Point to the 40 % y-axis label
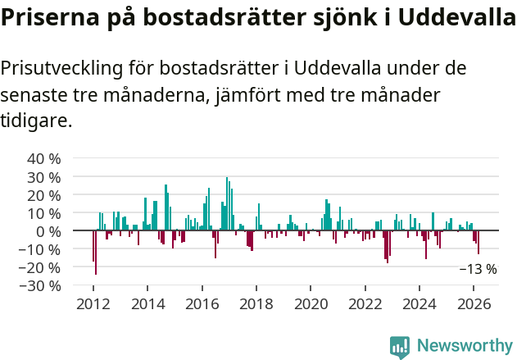tap(44, 159)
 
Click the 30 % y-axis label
tap(44, 177)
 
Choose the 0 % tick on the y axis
tap(49, 231)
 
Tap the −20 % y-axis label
tap(41, 267)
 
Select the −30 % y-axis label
tap(41, 285)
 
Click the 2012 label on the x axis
tap(93, 303)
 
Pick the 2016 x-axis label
tap(202, 303)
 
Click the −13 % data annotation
tap(478, 269)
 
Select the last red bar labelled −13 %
tap(478, 243)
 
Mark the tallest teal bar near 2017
tap(227, 204)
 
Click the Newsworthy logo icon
tap(400, 347)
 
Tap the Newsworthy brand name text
tap(465, 346)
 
